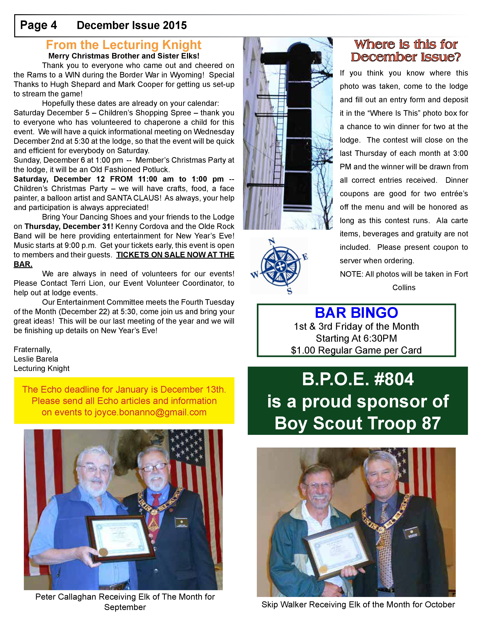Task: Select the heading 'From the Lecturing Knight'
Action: click(124, 45)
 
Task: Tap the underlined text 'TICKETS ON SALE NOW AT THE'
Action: click(175, 255)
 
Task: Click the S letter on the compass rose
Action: click(290, 291)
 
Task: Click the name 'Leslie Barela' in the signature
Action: click(36, 359)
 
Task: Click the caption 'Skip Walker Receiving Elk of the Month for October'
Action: click(358, 604)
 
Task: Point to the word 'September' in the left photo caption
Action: click(125, 607)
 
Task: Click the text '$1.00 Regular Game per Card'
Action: click(356, 350)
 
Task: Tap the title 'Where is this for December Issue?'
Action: click(406, 51)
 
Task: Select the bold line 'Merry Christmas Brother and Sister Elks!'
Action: click(124, 56)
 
